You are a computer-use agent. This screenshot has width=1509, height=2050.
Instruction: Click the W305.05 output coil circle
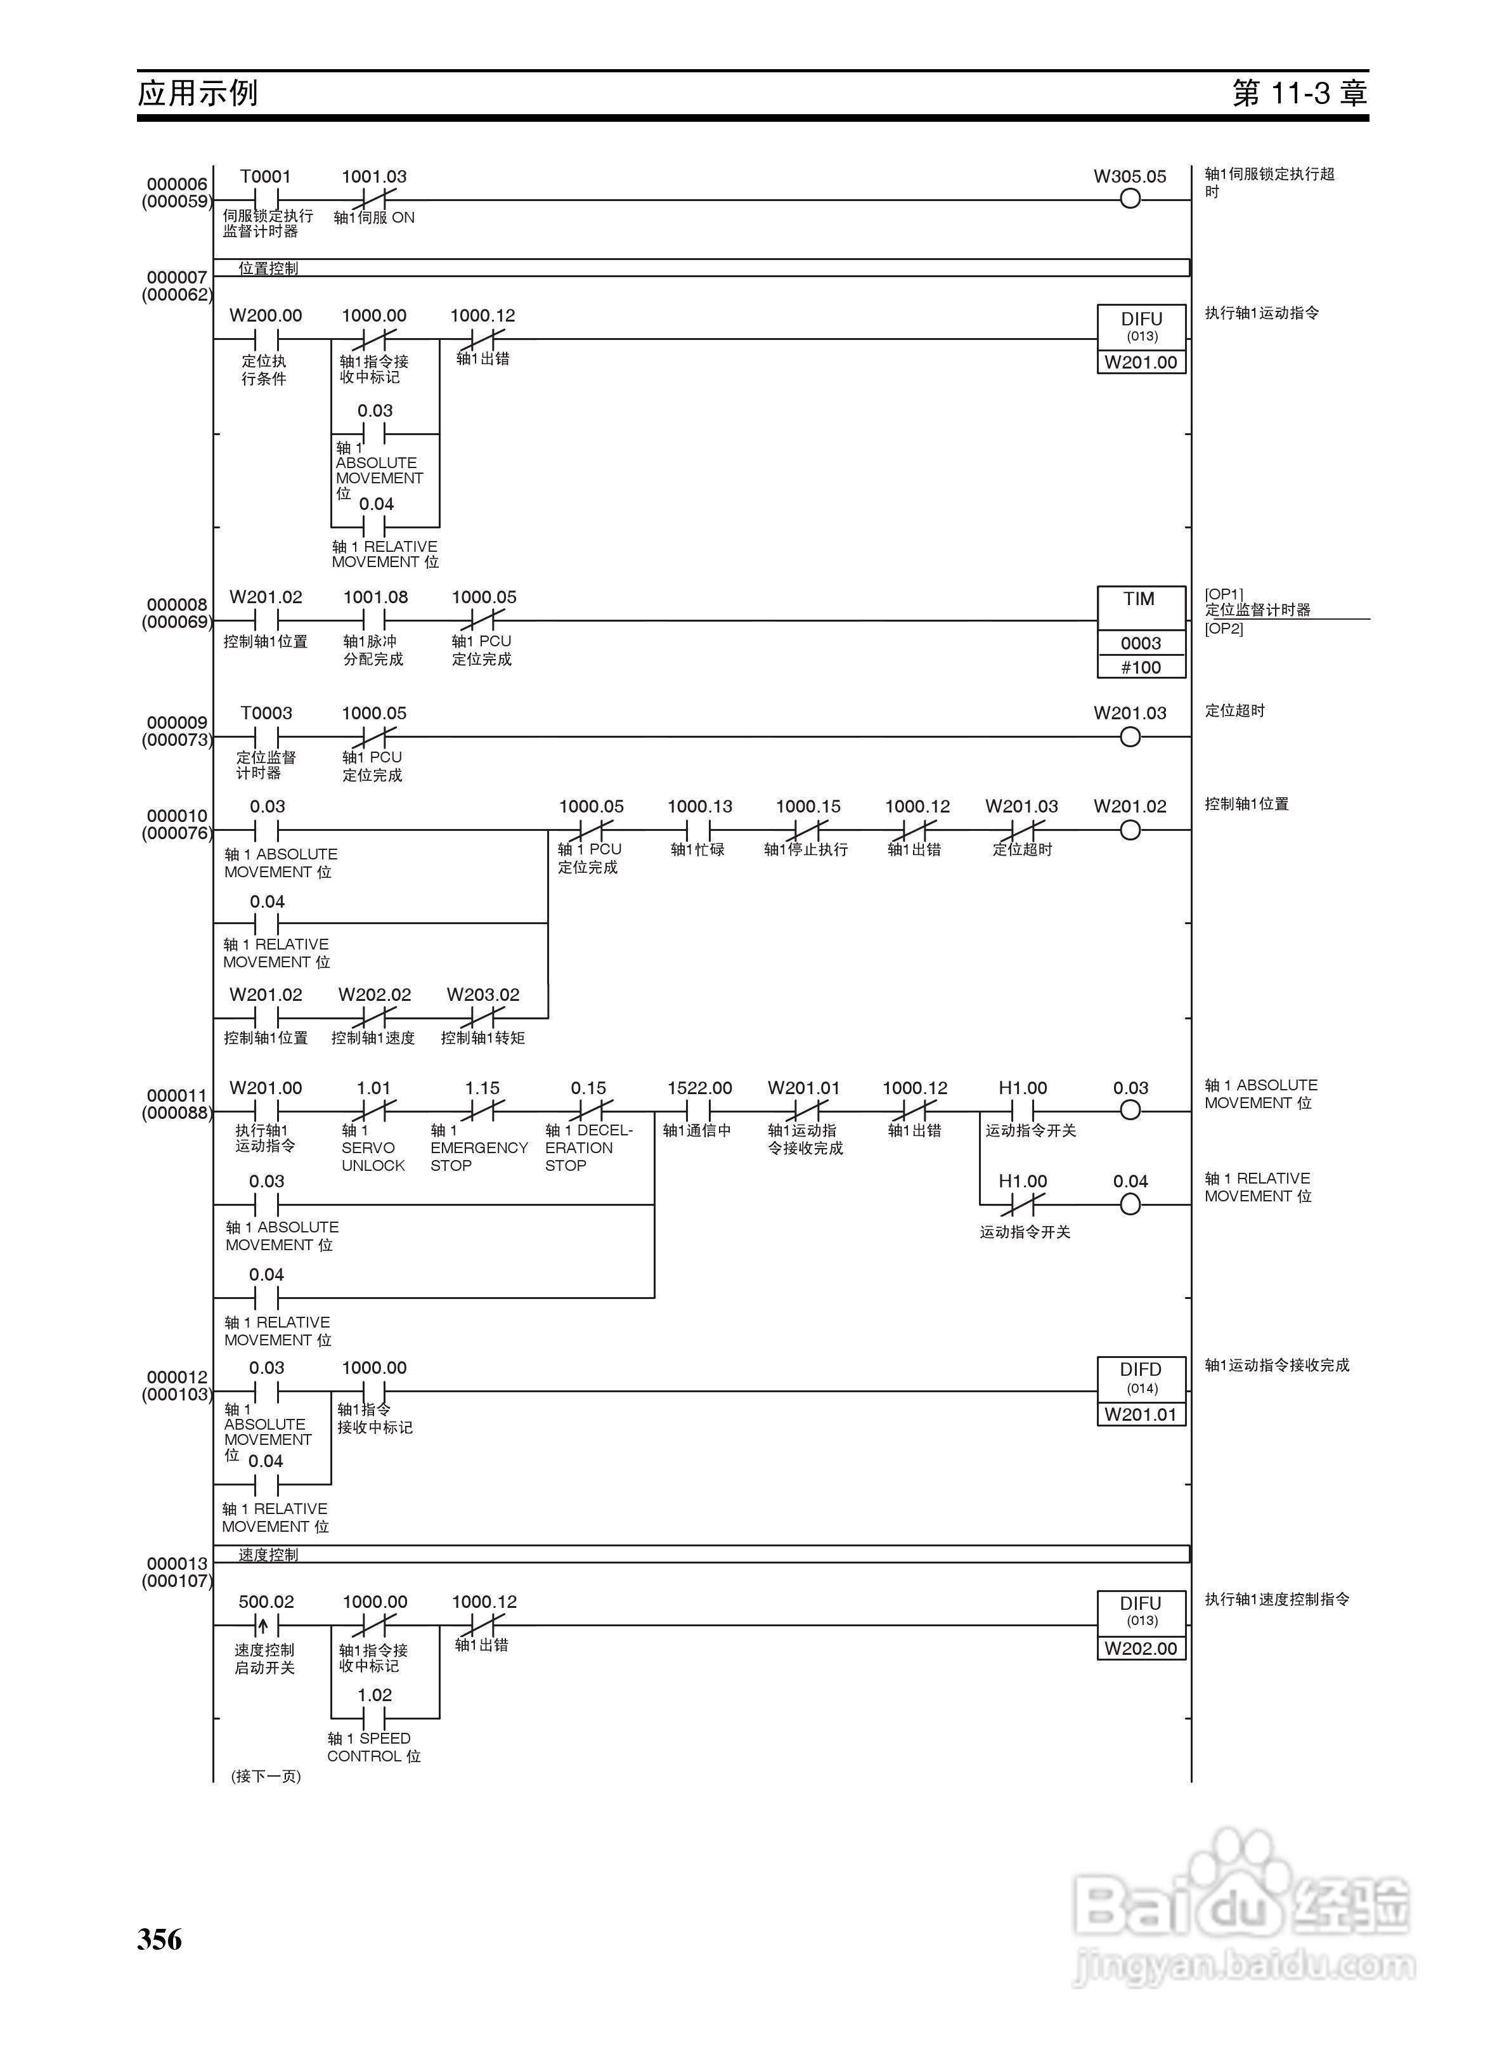[1130, 199]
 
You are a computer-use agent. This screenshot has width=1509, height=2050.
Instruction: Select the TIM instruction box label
[1139, 599]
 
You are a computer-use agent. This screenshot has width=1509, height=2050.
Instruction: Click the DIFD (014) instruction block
[1141, 1378]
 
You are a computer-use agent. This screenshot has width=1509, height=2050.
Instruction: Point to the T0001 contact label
[266, 176]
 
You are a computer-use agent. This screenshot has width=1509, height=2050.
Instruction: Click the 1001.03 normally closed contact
[375, 199]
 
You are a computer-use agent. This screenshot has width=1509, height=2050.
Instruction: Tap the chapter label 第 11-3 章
[1299, 92]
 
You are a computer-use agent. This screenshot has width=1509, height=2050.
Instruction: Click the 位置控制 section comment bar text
[269, 268]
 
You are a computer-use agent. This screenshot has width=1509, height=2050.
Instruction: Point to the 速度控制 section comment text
[269, 1554]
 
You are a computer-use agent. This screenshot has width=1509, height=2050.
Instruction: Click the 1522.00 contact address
[700, 1088]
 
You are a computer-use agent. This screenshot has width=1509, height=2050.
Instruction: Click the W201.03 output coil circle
[1130, 737]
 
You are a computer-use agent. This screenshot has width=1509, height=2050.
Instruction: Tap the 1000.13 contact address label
[700, 807]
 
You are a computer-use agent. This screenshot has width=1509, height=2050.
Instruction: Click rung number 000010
[177, 816]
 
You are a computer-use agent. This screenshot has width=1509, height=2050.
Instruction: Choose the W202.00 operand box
[1141, 1648]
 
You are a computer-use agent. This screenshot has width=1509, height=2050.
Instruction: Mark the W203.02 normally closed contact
[483, 1017]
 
